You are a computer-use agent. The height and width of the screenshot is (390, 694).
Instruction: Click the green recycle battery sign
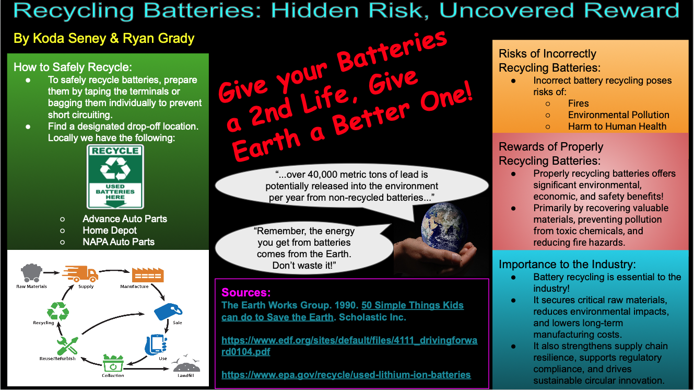click(x=115, y=177)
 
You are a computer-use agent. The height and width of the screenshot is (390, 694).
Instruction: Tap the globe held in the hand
click(x=444, y=228)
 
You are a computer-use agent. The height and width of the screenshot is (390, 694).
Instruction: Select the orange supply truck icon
click(x=80, y=273)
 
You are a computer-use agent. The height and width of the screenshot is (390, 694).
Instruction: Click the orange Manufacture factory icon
click(x=148, y=275)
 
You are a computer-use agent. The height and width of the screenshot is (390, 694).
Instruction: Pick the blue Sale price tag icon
click(x=168, y=312)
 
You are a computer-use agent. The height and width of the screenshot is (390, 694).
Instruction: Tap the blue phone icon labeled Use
click(x=156, y=345)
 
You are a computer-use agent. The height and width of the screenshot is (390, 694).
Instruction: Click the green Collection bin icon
click(x=113, y=363)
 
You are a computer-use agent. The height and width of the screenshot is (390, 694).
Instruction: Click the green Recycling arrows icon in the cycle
click(x=58, y=311)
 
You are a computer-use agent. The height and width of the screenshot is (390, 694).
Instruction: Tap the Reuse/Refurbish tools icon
click(x=67, y=346)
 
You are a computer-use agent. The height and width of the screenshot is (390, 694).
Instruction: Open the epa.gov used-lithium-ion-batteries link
click(x=346, y=375)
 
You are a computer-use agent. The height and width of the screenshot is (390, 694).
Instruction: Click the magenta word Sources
click(x=246, y=292)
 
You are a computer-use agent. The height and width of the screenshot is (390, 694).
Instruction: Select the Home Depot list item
click(x=109, y=230)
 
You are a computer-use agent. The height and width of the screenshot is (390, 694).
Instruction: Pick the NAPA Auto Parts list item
click(x=119, y=242)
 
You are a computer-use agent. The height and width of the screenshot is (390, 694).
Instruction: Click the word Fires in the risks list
click(x=579, y=104)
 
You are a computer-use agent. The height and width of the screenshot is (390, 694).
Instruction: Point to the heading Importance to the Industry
click(x=567, y=265)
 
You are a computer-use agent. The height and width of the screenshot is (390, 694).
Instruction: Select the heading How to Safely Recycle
click(x=73, y=67)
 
